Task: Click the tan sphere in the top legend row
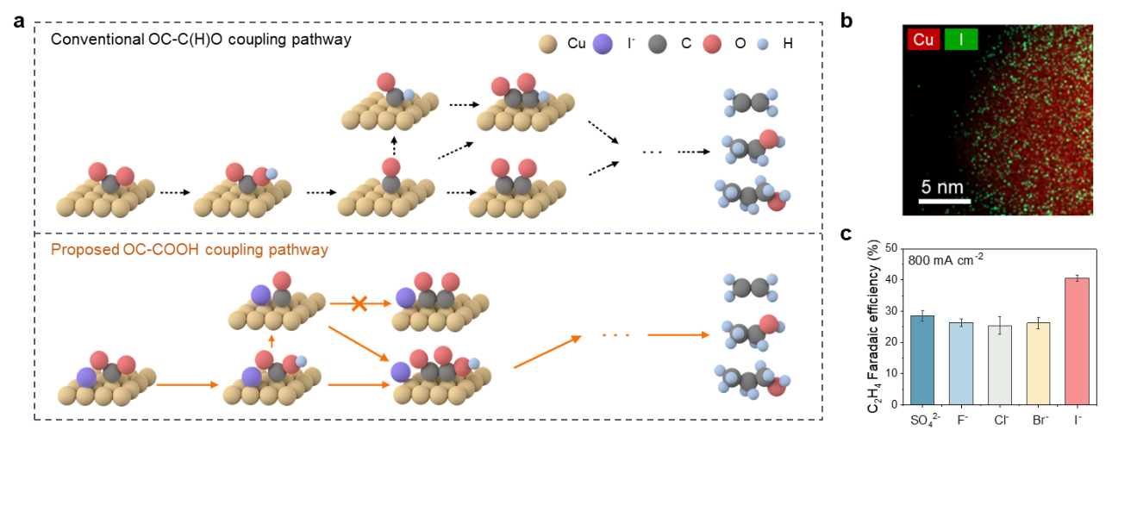pyautogui.click(x=548, y=44)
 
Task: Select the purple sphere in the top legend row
pyautogui.click(x=603, y=44)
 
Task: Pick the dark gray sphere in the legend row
pyautogui.click(x=657, y=44)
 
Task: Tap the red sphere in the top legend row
pyautogui.click(x=711, y=44)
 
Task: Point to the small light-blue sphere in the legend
pyautogui.click(x=762, y=44)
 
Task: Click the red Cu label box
pyautogui.click(x=923, y=40)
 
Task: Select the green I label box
pyautogui.click(x=961, y=40)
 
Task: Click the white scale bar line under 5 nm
pyautogui.click(x=945, y=202)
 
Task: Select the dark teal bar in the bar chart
pyautogui.click(x=922, y=359)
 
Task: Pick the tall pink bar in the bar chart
pyautogui.click(x=1077, y=340)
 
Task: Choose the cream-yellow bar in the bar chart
pyautogui.click(x=1038, y=363)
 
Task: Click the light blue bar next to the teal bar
pyautogui.click(x=961, y=363)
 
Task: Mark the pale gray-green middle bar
pyautogui.click(x=1000, y=365)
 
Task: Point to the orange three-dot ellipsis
pyautogui.click(x=615, y=334)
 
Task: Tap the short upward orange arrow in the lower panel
pyautogui.click(x=272, y=341)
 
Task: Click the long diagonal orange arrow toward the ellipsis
pyautogui.click(x=547, y=352)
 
